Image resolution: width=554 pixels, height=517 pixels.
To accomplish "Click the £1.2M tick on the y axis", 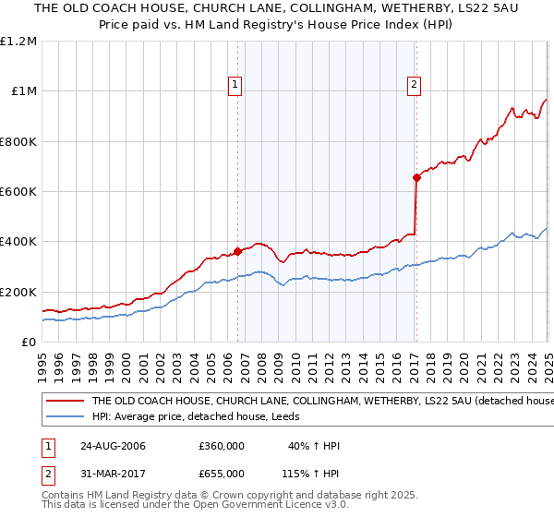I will [20, 41].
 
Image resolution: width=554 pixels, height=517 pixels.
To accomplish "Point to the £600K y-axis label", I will [18, 192].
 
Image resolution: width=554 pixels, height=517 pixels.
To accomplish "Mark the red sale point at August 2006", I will [238, 251].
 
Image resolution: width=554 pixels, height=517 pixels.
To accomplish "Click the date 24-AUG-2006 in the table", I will [113, 446].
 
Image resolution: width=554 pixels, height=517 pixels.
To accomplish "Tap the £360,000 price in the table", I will [221, 446].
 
